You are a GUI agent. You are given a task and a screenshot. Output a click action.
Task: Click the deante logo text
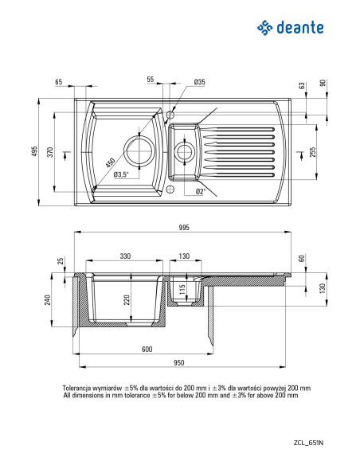point(299,28)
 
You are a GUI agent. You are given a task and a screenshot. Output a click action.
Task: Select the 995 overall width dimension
point(184,228)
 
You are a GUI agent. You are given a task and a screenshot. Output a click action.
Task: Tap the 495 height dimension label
point(35,151)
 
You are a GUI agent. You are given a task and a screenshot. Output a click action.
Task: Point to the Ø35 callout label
point(200,82)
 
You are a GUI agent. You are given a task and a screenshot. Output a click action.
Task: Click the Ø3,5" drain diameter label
point(121,174)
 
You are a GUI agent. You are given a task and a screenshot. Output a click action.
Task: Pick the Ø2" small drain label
point(201,192)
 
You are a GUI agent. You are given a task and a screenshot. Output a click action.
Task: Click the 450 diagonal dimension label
point(110,162)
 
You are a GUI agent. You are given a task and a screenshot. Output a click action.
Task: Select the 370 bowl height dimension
point(50,152)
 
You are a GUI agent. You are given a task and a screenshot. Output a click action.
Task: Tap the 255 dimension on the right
point(312,152)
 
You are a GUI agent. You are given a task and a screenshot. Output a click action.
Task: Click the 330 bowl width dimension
point(125,256)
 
